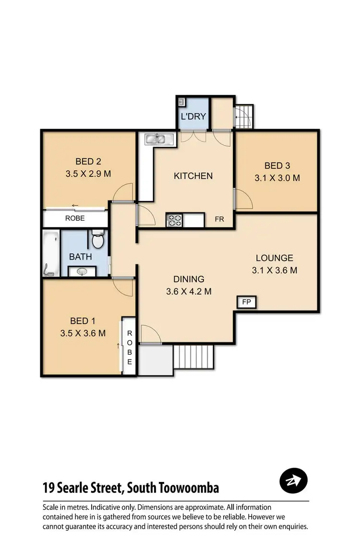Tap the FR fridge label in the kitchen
click(x=219, y=219)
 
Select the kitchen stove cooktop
click(x=174, y=220)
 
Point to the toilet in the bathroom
click(x=98, y=240)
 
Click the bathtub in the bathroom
click(x=51, y=254)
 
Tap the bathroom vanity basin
click(x=82, y=271)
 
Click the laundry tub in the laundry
click(x=182, y=102)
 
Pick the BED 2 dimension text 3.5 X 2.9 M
click(x=88, y=174)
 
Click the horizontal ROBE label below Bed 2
click(x=75, y=218)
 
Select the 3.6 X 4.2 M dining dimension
click(x=189, y=291)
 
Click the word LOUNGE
click(x=274, y=258)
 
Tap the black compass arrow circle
click(x=293, y=480)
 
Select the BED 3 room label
click(x=277, y=166)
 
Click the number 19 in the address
click(x=48, y=488)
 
